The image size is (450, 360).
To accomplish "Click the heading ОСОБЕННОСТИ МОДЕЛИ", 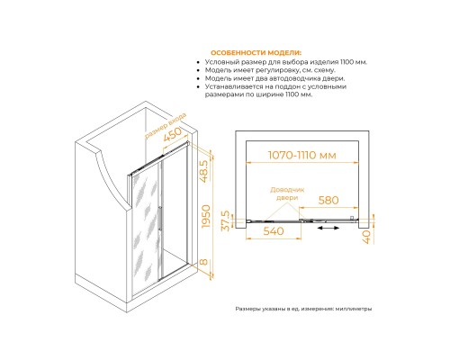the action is tap(256, 53).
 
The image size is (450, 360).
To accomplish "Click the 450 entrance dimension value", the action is tap(173, 134).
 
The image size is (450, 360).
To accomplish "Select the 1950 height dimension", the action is tap(206, 216).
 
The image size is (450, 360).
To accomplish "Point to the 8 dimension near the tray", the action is tap(203, 262).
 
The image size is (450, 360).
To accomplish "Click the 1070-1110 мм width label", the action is tap(302, 155).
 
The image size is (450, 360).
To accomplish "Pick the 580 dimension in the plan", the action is tap(328, 200).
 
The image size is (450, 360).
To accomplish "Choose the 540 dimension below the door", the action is tap(274, 231).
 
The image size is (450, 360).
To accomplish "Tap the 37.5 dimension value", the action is tap(225, 220).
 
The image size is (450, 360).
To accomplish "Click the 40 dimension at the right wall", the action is tap(367, 237).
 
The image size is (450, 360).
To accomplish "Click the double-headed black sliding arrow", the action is tap(328, 228).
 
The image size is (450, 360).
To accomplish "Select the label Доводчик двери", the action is tap(287, 193).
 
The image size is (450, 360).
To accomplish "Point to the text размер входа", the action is tap(166, 126).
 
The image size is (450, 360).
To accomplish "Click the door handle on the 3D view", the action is tap(160, 219).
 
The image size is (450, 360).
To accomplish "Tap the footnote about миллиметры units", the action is tap(303, 309).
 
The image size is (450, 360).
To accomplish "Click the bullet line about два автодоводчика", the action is tap(274, 78).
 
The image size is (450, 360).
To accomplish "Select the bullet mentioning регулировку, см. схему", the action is tap(270, 70).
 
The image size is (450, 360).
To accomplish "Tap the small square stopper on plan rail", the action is tap(352, 218).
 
